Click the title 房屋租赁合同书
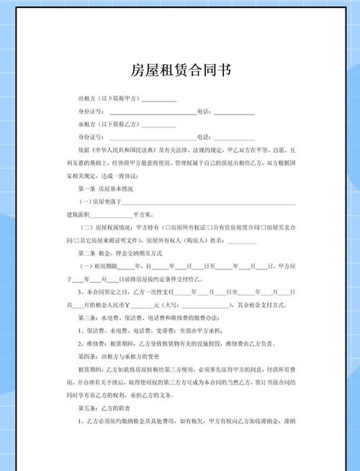(181, 71)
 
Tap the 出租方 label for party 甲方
(86, 99)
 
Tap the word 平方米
(145, 215)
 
